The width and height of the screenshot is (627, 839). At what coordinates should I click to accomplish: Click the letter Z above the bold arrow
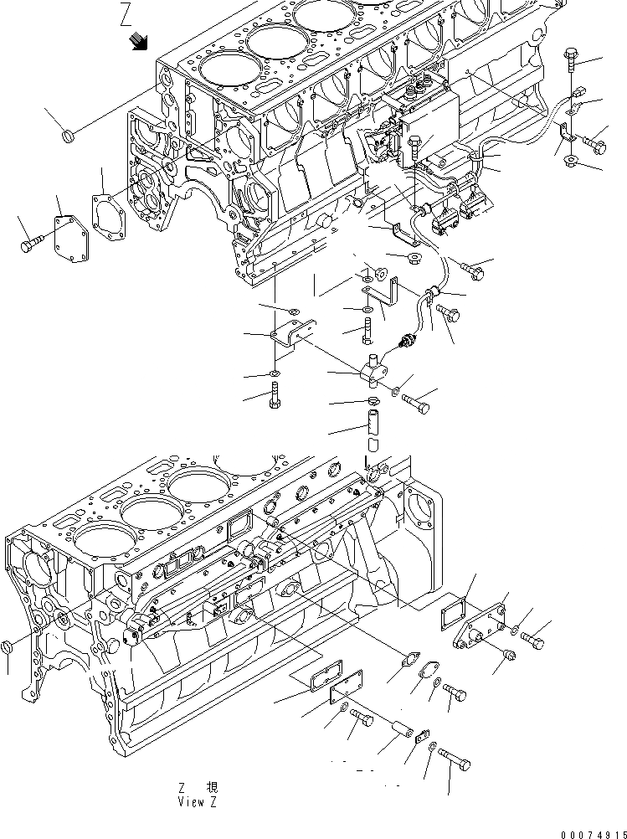[x=126, y=14]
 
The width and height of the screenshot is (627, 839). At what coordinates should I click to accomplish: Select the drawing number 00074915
[x=585, y=830]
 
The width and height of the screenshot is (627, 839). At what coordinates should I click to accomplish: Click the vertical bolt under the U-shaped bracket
[x=276, y=394]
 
